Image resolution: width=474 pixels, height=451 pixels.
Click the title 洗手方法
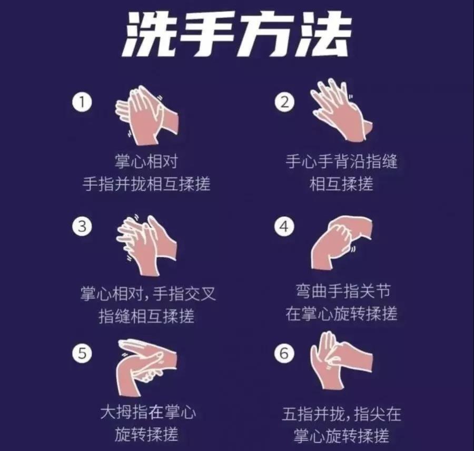(236, 34)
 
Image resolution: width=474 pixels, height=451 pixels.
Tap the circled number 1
(82, 102)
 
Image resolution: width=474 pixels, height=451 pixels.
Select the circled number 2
(284, 102)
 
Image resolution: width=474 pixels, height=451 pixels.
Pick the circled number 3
(82, 226)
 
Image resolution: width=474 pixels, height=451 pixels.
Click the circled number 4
(284, 226)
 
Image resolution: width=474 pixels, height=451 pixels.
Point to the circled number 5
(82, 353)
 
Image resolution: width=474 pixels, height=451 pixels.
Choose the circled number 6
(284, 353)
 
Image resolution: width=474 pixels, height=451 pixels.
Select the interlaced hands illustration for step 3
(146, 245)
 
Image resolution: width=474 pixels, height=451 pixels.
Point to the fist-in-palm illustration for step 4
(342, 243)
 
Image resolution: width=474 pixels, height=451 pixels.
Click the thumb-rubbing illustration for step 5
(146, 367)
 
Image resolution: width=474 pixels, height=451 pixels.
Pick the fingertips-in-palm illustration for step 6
(342, 360)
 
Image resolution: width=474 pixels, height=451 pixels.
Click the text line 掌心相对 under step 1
(146, 161)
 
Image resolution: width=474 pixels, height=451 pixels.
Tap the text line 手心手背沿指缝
(342, 161)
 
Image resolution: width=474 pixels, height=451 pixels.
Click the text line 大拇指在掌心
(148, 412)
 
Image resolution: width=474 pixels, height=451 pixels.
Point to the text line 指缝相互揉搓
(146, 316)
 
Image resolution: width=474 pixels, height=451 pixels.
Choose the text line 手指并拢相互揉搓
(146, 183)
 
